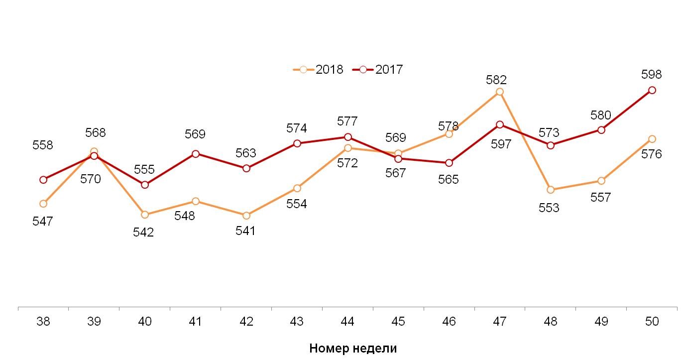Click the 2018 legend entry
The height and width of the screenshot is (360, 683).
[x=319, y=70]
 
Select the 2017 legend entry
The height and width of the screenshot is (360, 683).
[x=378, y=70]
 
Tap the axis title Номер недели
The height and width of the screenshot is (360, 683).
[x=353, y=348]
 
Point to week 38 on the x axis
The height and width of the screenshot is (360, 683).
[x=43, y=322]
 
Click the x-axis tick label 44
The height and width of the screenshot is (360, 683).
[x=347, y=322]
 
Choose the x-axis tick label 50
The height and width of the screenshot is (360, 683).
[x=652, y=322]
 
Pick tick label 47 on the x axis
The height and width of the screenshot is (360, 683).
[x=499, y=322]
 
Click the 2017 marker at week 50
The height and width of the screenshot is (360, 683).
[x=652, y=90]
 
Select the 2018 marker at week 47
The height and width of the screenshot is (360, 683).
[x=500, y=92]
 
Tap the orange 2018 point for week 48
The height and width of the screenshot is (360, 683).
[x=551, y=190]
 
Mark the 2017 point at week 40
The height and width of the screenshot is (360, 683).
[x=145, y=185]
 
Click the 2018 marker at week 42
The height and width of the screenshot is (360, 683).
[x=246, y=216]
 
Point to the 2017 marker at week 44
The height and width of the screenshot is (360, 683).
[x=348, y=137]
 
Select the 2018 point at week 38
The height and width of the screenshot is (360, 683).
[x=43, y=204]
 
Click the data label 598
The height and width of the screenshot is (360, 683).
[x=652, y=75]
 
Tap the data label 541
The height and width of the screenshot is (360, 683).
[x=245, y=231]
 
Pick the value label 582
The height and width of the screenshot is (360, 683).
[x=496, y=80]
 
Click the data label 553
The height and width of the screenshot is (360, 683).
[x=549, y=208]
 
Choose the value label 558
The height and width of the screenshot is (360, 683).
[x=43, y=145]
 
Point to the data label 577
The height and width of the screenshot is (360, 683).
[x=347, y=121]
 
